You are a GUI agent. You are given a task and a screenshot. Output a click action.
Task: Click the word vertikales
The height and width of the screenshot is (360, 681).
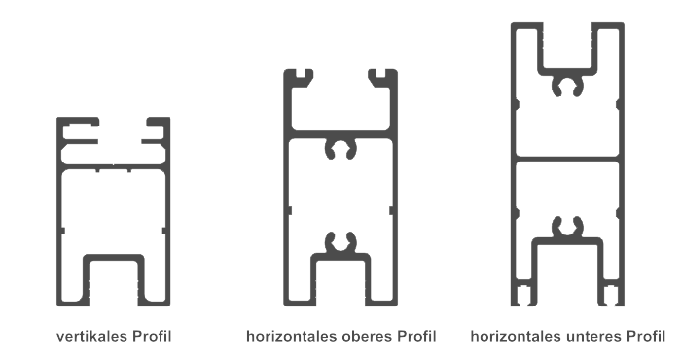pos(92,336)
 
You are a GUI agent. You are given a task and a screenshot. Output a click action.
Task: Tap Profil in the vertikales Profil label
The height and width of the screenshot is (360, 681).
pos(152,336)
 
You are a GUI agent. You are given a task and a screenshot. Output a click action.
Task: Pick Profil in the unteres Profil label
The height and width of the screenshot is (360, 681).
pos(646,336)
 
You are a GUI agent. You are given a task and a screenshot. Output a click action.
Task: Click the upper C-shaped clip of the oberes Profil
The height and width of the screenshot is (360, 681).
pos(340,149)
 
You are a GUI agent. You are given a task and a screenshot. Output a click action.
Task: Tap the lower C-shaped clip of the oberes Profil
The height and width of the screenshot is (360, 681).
pos(340,242)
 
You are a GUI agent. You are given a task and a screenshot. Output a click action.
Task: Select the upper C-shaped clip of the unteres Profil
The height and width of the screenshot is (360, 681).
pos(567,86)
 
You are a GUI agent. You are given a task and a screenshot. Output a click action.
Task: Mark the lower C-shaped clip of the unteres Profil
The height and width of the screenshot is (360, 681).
pos(567,227)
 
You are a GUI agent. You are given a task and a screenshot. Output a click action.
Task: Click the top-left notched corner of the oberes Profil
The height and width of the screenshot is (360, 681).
pos(298,77)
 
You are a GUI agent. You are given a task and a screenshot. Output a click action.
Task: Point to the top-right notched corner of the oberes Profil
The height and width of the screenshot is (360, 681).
pos(383,77)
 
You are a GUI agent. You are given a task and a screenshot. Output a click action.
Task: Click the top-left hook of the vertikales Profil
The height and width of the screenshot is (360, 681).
pos(78,129)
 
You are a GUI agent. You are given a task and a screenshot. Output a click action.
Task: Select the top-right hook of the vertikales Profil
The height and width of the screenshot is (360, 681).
pos(156,129)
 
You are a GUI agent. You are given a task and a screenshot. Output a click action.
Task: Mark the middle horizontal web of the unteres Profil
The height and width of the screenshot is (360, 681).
pos(567,159)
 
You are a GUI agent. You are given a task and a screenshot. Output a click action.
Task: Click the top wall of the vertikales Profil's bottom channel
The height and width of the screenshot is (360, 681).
pos(114,258)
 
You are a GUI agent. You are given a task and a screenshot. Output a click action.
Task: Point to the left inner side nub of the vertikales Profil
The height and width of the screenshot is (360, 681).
pos(62,231)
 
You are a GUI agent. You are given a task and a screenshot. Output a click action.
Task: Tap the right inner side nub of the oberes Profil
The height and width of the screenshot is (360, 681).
pos(391,210)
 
